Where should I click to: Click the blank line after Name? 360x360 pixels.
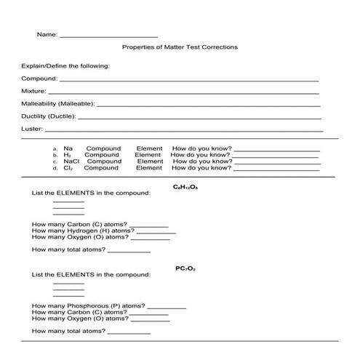(x=108, y=35)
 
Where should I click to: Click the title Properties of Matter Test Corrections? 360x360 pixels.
(x=180, y=47)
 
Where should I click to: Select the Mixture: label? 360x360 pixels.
(x=34, y=92)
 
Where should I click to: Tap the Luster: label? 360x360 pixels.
(x=32, y=129)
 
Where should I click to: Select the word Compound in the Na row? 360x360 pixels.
(x=103, y=148)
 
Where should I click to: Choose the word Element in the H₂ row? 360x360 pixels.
(x=148, y=155)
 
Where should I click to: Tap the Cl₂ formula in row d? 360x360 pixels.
(x=68, y=168)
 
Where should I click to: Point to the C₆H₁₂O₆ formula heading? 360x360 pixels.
(x=185, y=188)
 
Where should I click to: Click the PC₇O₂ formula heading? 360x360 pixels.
(x=185, y=268)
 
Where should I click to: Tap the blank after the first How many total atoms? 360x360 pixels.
(x=129, y=250)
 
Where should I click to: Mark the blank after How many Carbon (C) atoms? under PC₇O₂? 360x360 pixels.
(x=149, y=313)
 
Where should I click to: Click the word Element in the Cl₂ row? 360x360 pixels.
(x=149, y=168)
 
